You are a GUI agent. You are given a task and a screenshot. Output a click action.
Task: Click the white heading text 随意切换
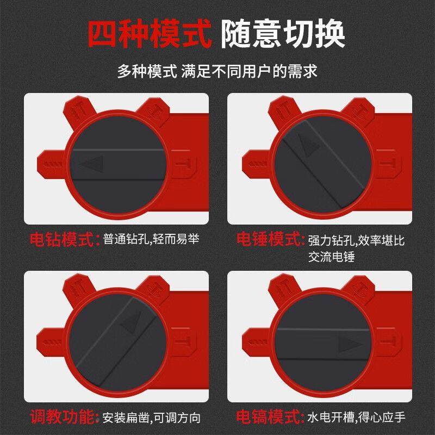click(x=284, y=35)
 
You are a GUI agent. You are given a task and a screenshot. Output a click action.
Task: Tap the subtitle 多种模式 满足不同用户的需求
click(x=217, y=71)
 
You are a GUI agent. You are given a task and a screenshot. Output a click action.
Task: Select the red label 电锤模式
click(x=269, y=239)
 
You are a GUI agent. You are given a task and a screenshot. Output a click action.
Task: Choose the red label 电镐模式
click(x=269, y=418)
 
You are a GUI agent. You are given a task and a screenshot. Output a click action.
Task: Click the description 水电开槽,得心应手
click(x=357, y=418)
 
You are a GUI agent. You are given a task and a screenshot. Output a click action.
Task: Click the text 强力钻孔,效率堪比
click(x=357, y=240)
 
